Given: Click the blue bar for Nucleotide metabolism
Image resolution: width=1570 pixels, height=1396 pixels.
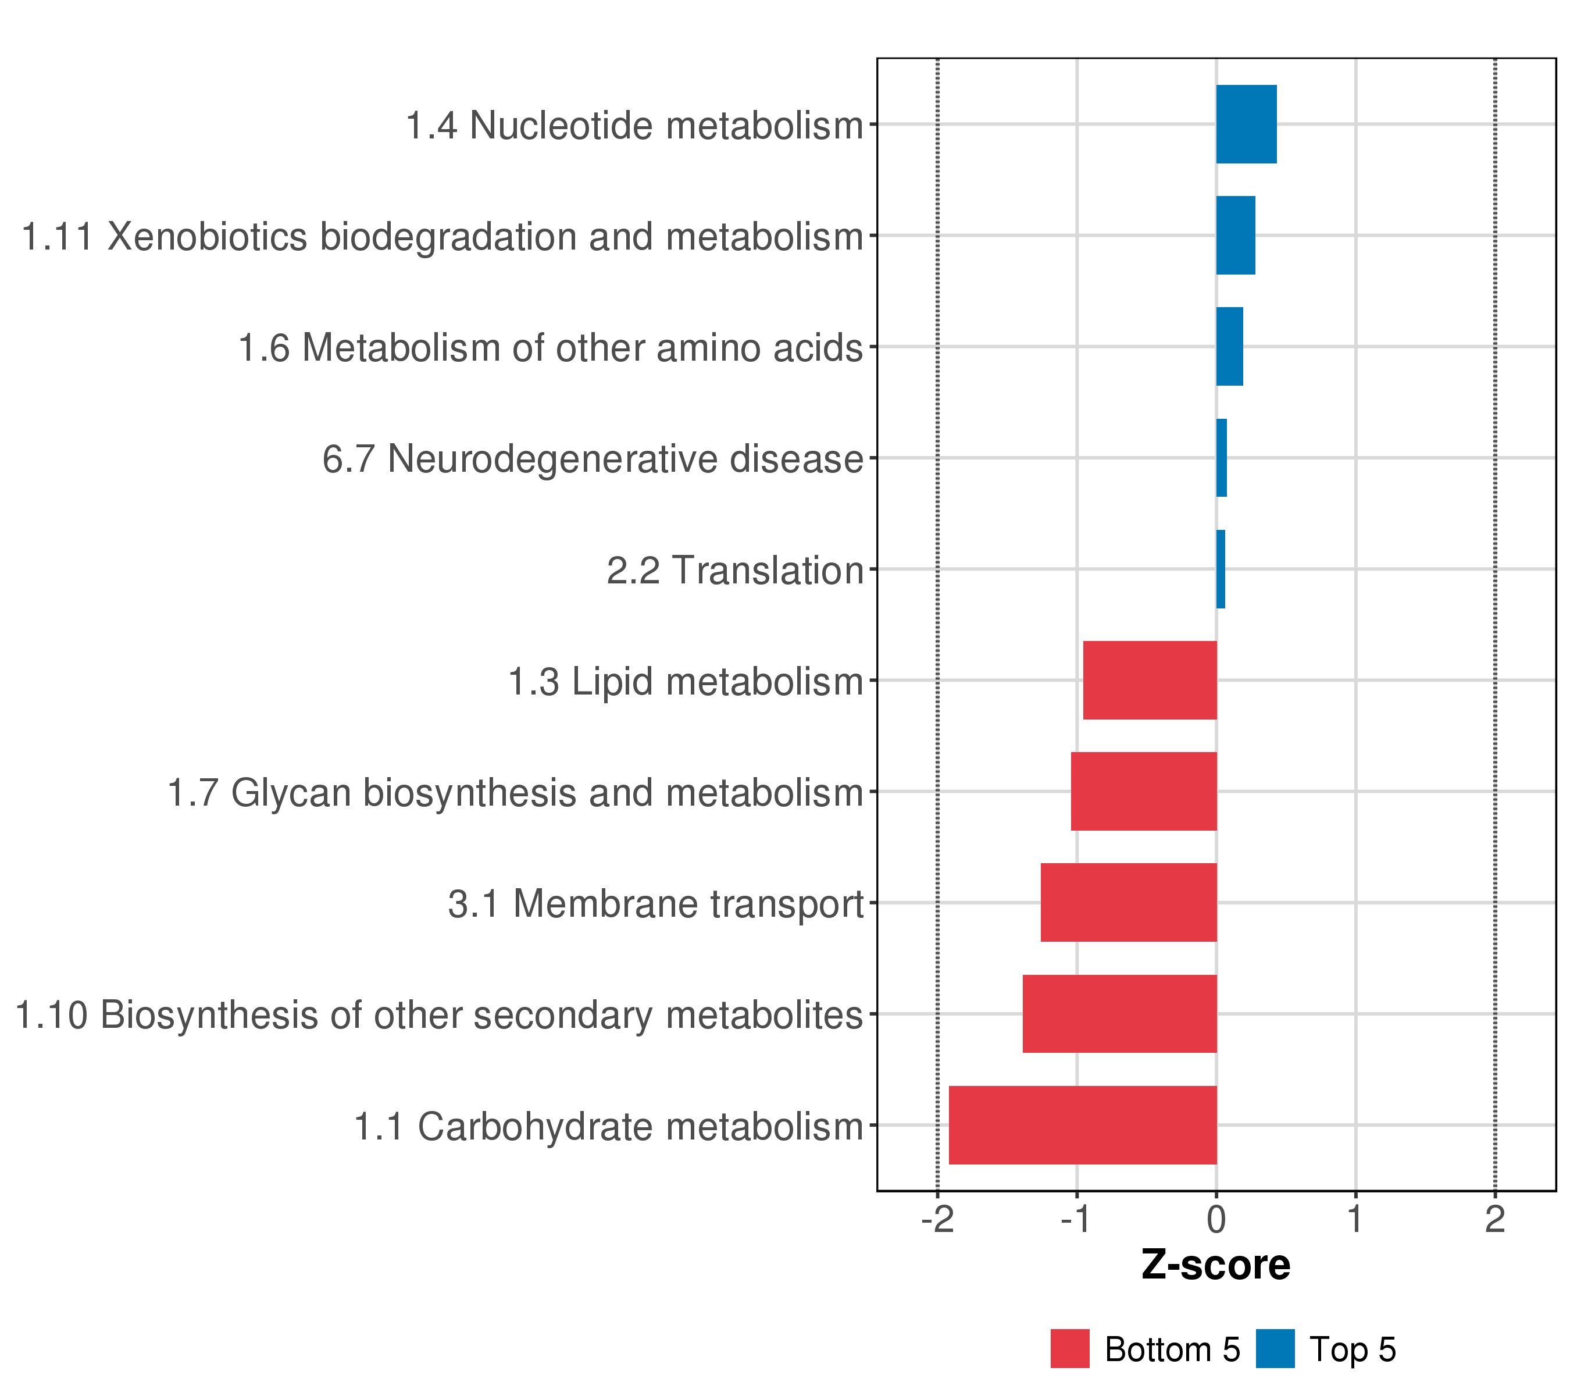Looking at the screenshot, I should tap(1246, 124).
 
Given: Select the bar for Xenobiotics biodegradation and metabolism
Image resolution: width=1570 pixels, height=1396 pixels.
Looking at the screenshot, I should tap(1235, 235).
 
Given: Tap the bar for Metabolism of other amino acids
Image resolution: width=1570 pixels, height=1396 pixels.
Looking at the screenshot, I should tap(1229, 347).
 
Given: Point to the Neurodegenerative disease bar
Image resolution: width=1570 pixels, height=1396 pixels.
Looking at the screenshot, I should tap(1221, 458).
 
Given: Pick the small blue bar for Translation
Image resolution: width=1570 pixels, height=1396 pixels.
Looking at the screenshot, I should tap(1221, 569).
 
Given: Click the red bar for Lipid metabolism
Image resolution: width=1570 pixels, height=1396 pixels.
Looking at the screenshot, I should tap(1150, 680).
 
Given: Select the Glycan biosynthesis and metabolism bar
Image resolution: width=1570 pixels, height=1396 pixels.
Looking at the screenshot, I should tap(1144, 791).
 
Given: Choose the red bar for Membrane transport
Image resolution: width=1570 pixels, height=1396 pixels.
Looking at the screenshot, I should tap(1128, 902).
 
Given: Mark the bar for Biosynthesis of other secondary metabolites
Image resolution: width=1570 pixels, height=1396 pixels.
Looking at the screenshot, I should tap(1119, 1013).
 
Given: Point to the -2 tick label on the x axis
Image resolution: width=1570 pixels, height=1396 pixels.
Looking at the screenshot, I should tap(937, 1219).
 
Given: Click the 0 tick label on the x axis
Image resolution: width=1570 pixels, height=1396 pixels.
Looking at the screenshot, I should tap(1216, 1219).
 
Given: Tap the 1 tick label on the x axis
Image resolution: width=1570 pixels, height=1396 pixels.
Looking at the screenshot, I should tap(1355, 1219).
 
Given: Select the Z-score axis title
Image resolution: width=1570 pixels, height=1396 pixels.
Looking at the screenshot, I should tap(1216, 1265).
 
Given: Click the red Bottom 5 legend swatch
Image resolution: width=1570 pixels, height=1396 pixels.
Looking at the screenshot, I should tap(1070, 1349).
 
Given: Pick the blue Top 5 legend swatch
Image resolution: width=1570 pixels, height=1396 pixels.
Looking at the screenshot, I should tap(1275, 1349).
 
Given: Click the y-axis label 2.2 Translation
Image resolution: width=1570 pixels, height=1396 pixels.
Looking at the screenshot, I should tap(735, 571).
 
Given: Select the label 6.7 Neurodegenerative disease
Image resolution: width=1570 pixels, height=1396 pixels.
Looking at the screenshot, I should tap(592, 460).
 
